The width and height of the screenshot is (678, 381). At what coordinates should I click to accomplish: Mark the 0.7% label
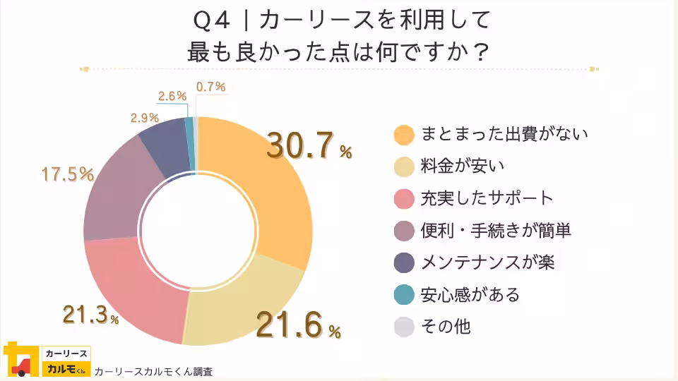211,87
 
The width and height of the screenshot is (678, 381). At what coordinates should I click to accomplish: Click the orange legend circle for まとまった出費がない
403,133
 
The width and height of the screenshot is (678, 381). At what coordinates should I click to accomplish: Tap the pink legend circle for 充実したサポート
403,198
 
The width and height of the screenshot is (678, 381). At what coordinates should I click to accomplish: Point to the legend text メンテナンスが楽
487,262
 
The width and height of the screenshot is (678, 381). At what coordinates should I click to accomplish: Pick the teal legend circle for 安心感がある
403,295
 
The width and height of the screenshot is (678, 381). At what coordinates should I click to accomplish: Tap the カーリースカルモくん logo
47,361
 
